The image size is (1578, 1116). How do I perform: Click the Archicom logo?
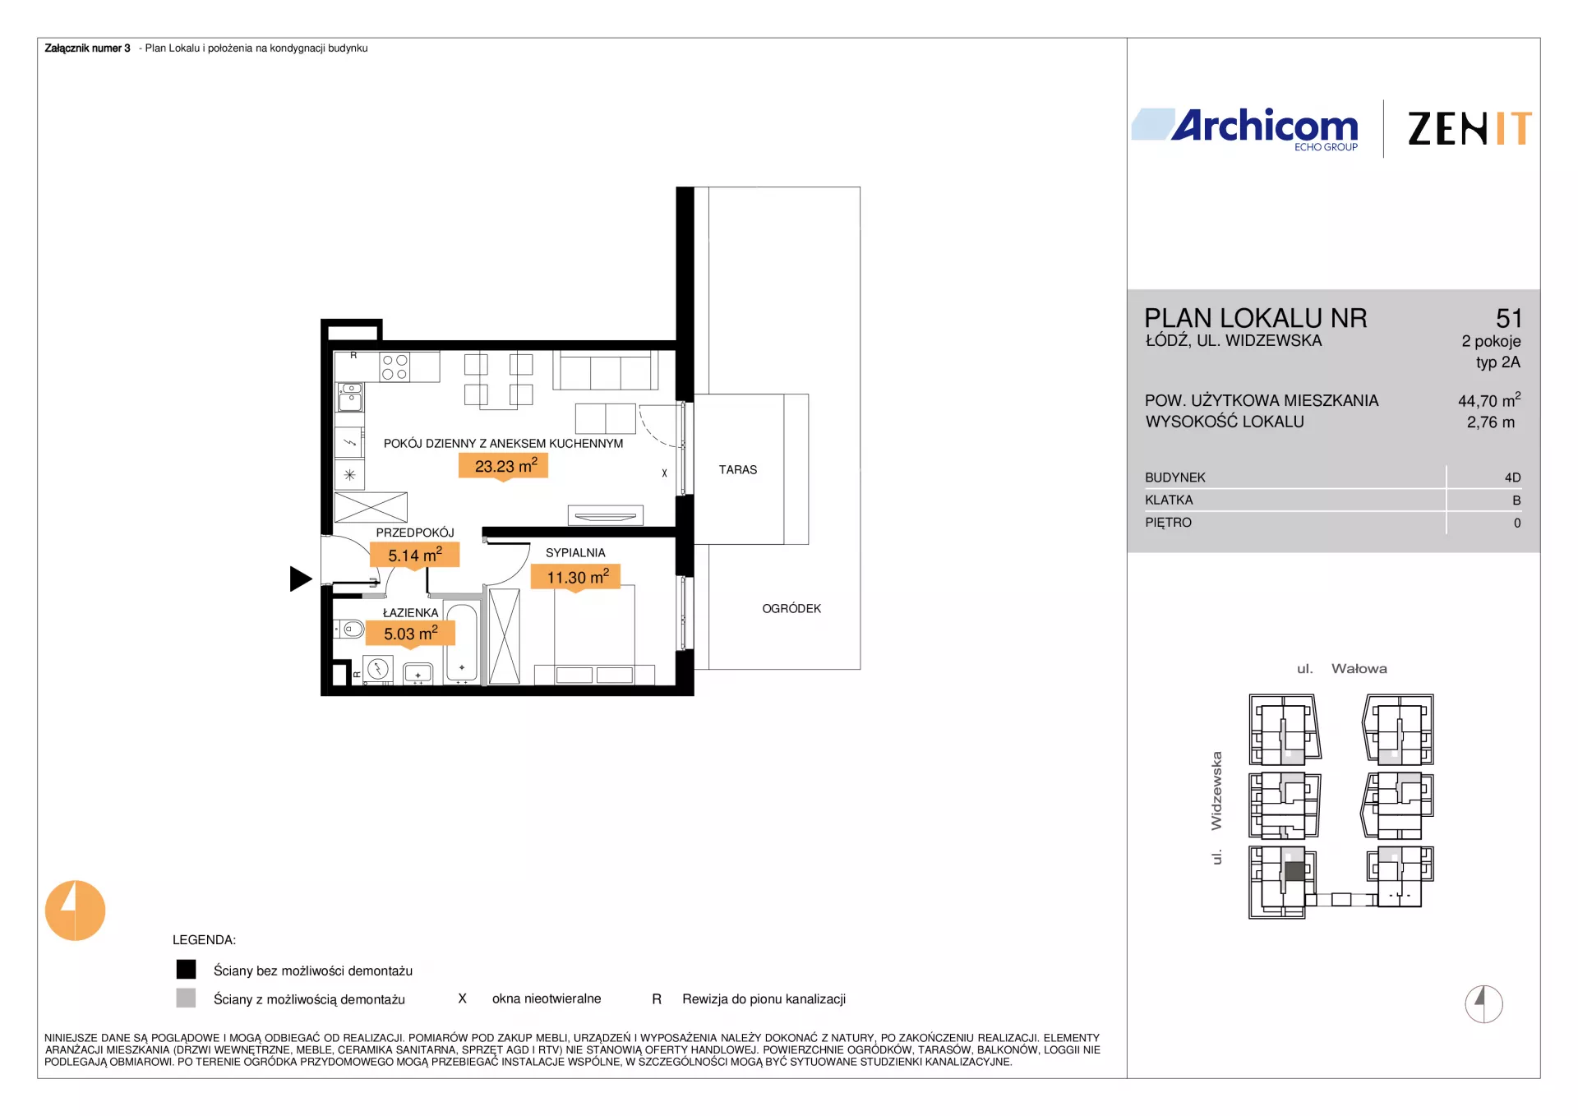pos(1245,130)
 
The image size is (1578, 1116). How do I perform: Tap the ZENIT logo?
pos(1470,129)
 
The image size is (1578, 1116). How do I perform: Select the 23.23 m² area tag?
pos(503,467)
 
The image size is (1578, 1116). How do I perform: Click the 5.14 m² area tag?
pos(415,556)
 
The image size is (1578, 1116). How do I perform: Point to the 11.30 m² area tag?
pos(575,577)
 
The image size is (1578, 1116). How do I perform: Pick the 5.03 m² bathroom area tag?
pos(410,634)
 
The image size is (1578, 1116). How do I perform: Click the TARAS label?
pos(738,470)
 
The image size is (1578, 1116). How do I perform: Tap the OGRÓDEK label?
pos(791,609)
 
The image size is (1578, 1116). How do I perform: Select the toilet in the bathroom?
pos(349,629)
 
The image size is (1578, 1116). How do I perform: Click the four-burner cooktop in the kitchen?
pos(394,367)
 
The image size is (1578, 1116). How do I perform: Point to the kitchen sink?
pos(350,397)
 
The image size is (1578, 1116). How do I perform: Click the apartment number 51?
pos(1509,318)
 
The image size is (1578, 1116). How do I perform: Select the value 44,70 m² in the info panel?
pos(1489,400)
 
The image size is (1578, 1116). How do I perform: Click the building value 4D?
pos(1512,477)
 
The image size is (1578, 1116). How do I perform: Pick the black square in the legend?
pos(187,970)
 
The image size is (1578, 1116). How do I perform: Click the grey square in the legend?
pos(187,998)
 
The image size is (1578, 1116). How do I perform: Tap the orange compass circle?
pos(75,911)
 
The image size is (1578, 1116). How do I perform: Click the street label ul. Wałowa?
pos(1341,669)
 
